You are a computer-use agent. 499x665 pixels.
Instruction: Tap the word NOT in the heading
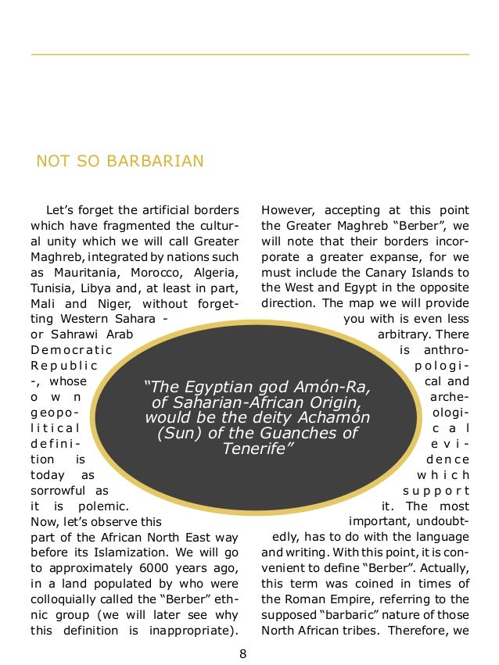[52, 162]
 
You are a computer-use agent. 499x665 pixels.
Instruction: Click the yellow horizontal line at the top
[249, 54]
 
